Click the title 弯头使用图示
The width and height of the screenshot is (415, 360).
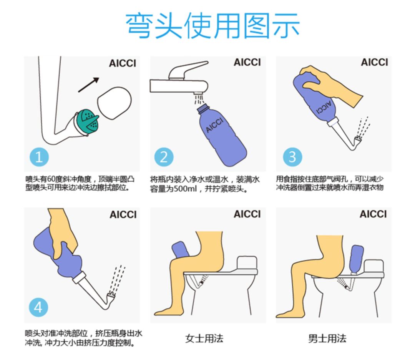[212, 26]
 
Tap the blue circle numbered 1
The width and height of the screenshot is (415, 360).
[39, 157]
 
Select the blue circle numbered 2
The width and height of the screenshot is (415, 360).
[164, 157]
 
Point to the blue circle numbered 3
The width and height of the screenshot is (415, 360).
[292, 157]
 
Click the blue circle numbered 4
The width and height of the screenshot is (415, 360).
[38, 307]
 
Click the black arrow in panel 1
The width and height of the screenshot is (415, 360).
[89, 85]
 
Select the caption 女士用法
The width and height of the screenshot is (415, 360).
[204, 338]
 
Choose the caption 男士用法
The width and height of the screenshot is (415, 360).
[327, 338]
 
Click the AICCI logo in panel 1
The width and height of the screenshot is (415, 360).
[123, 63]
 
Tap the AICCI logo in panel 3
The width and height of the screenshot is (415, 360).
[374, 62]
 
